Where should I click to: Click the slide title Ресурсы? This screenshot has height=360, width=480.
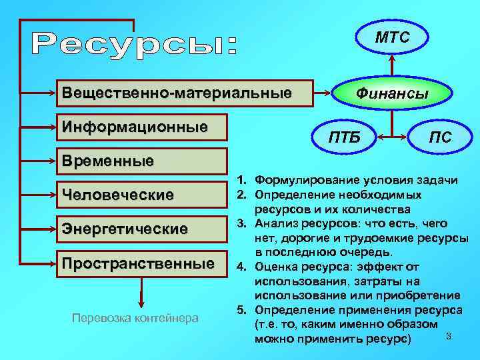coord(134,44)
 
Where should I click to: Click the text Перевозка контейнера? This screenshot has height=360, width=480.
coord(135,319)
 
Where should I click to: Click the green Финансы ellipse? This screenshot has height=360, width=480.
coord(391,94)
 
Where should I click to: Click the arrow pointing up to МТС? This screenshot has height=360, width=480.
coord(393,67)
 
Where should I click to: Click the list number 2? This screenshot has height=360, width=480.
coord(241,194)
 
